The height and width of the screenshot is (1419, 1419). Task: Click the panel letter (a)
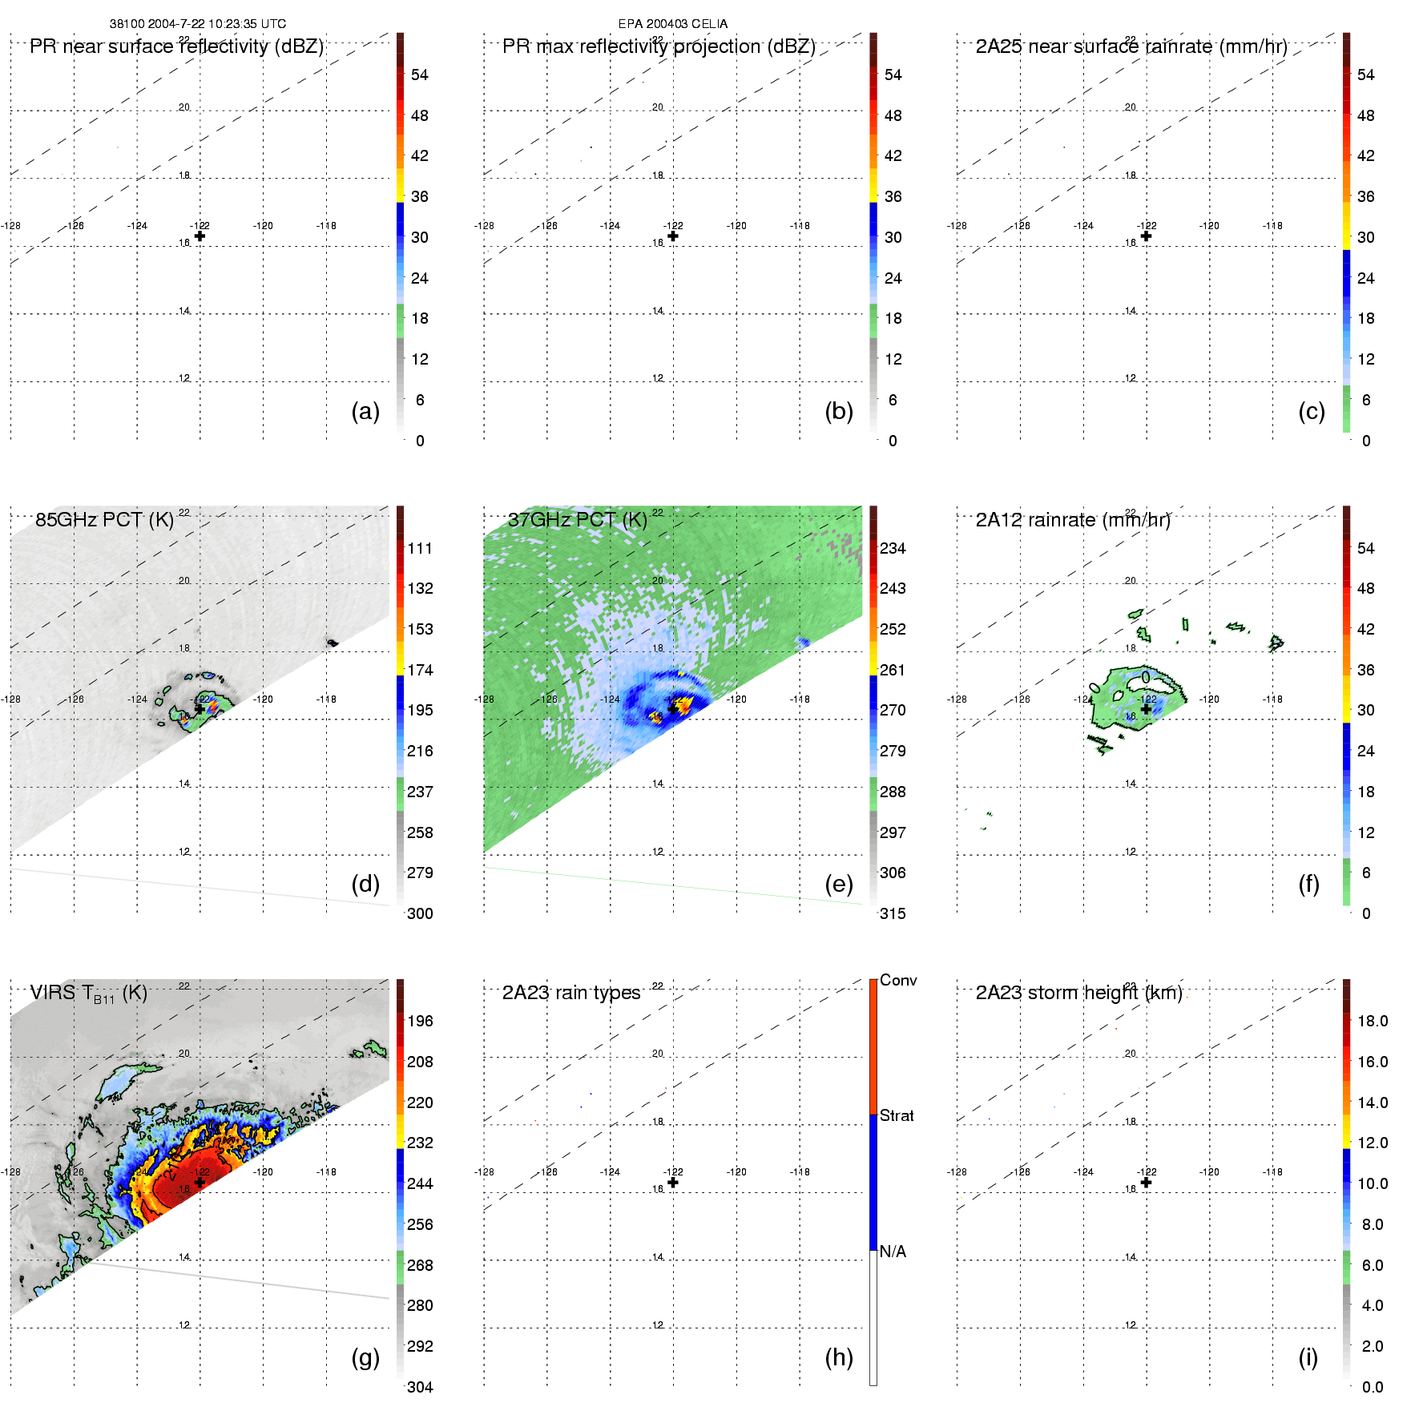[x=365, y=411]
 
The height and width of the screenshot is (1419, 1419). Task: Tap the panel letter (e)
[x=838, y=884]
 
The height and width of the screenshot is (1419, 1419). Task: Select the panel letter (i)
[x=1308, y=1357]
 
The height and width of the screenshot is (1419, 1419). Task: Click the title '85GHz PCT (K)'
[x=104, y=519]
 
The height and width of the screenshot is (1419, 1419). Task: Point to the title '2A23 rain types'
[x=570, y=993]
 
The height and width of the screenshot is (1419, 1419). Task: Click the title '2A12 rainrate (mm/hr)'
[x=1073, y=519]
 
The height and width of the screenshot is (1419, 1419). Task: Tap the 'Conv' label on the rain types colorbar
[x=898, y=980]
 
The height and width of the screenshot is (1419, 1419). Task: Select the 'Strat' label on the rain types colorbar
[x=897, y=1115]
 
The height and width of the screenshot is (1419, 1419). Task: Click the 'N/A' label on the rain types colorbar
[x=893, y=1252]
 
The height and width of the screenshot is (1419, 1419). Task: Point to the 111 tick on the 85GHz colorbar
[x=420, y=548]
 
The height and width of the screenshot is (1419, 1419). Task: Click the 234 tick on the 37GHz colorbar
[x=893, y=548]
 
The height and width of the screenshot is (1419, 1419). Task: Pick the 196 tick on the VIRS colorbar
[x=420, y=1021]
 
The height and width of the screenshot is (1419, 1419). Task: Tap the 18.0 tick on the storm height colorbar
[x=1373, y=1021]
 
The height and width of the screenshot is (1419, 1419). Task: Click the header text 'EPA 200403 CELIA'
[x=673, y=24]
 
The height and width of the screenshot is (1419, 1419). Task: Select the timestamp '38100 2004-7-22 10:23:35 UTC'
[x=198, y=24]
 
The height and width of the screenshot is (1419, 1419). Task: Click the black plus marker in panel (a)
[x=200, y=236]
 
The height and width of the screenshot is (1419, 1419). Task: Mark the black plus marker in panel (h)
[x=673, y=1182]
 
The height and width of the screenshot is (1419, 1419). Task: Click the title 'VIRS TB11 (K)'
[x=88, y=994]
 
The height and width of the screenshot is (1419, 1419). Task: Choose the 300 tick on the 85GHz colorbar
[x=420, y=913]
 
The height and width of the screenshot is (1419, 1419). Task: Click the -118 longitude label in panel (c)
[x=1272, y=226]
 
